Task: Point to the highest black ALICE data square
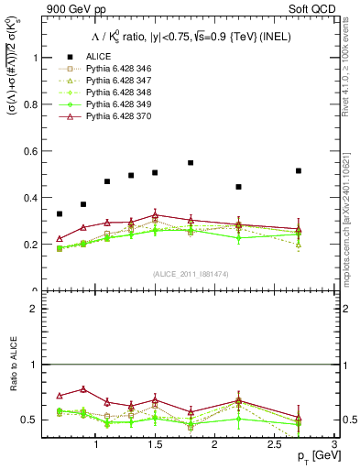click(x=191, y=163)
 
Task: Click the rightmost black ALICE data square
click(x=299, y=170)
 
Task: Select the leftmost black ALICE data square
click(x=60, y=213)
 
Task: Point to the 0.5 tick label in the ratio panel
click(x=32, y=420)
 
